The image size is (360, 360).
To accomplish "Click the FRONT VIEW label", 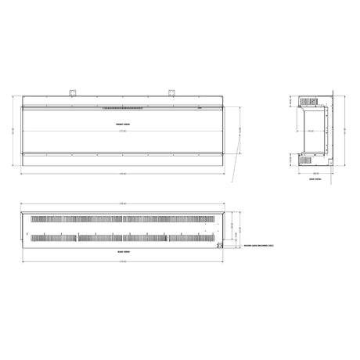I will pyautogui.click(x=121, y=124).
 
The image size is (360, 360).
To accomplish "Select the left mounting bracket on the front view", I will pyautogui.click(x=74, y=91).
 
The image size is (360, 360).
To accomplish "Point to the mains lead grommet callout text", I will pyautogui.click(x=256, y=244).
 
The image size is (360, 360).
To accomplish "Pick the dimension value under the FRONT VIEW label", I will pyautogui.click(x=121, y=131).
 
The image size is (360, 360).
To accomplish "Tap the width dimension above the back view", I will pyautogui.click(x=122, y=205).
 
